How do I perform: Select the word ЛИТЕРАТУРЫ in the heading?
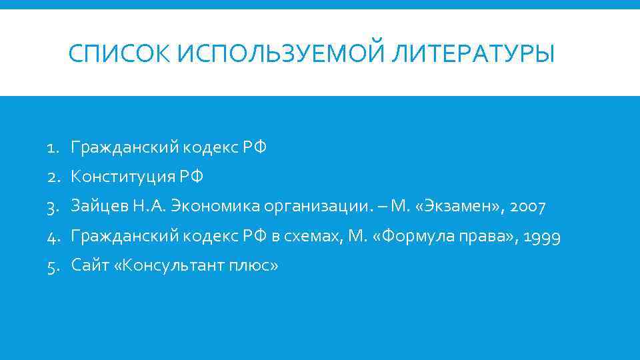(473, 53)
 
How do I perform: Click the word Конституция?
(123, 177)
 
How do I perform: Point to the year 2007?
(528, 207)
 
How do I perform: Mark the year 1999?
(542, 236)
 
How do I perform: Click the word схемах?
(316, 236)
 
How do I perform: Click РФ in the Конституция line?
(191, 177)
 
